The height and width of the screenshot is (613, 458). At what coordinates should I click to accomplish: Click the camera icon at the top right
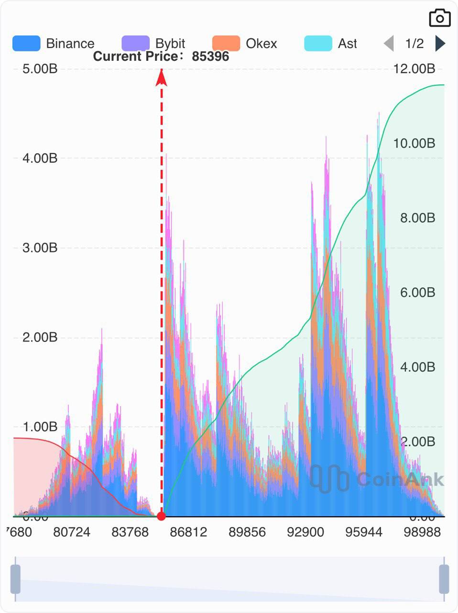click(439, 18)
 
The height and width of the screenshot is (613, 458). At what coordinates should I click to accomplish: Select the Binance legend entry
click(54, 44)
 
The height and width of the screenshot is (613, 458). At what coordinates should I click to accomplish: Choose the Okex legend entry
click(244, 44)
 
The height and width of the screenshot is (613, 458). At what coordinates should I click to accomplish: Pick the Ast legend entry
click(330, 44)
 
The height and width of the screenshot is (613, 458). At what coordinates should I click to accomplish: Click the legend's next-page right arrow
click(440, 44)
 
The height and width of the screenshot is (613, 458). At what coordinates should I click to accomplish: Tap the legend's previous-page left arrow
click(389, 44)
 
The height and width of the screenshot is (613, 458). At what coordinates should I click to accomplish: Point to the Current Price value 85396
click(210, 57)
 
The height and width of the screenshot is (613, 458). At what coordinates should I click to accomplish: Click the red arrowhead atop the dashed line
click(162, 78)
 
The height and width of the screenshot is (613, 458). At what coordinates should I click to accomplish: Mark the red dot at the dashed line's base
click(162, 516)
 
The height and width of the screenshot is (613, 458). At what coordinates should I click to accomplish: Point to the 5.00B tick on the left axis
click(40, 69)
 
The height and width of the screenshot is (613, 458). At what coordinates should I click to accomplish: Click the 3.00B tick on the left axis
click(40, 248)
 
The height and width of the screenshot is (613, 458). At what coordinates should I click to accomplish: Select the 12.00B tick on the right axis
click(414, 69)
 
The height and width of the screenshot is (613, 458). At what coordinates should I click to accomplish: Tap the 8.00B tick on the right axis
click(417, 218)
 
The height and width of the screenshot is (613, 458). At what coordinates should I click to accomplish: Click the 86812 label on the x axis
click(188, 532)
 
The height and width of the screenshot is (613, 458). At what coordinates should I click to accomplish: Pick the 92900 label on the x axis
click(305, 532)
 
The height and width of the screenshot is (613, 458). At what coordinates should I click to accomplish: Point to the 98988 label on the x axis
click(422, 532)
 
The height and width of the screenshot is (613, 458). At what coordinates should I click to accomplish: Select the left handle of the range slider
click(16, 579)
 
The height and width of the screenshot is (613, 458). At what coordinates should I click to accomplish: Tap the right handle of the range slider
click(444, 579)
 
